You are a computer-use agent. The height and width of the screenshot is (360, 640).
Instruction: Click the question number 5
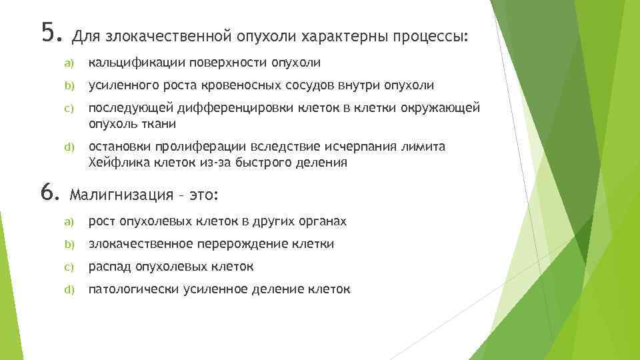click(x=49, y=32)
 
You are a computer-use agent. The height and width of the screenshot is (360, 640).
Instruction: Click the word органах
click(x=323, y=221)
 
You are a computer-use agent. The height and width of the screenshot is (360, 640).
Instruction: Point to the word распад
click(x=110, y=267)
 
